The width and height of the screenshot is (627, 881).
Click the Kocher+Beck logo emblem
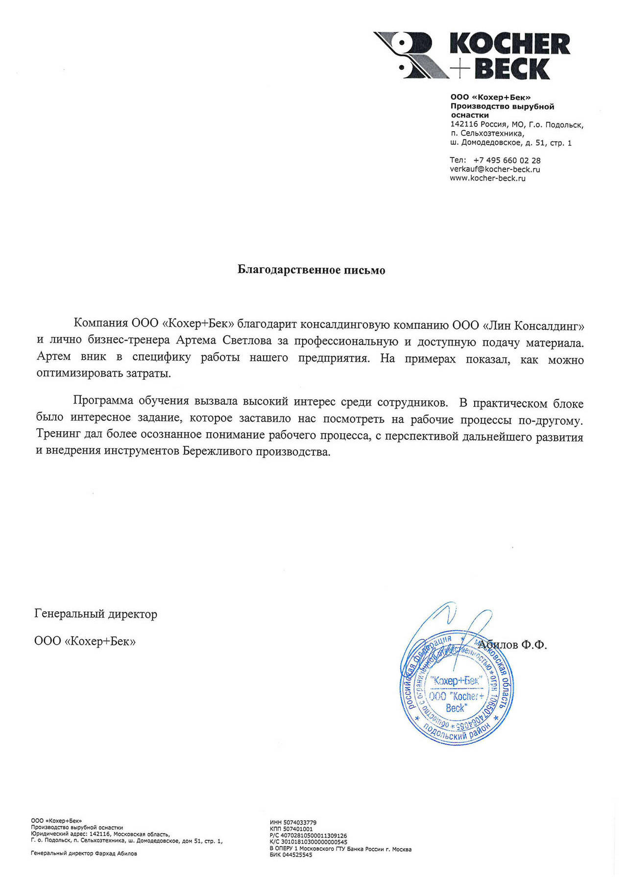coord(410,55)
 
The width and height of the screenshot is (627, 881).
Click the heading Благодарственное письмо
coord(311,270)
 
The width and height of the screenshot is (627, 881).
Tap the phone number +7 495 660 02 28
coord(507,160)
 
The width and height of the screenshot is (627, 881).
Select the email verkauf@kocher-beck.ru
coord(495,169)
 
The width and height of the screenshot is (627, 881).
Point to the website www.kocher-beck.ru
coord(487,178)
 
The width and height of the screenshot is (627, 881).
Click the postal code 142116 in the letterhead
coord(464,124)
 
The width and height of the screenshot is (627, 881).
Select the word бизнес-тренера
coord(129,340)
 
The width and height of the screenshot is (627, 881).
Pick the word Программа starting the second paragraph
coord(103,400)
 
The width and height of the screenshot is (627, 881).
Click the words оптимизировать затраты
coord(104,373)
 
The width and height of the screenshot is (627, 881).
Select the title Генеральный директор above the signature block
coord(96,614)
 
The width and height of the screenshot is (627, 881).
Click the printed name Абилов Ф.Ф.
coord(512,645)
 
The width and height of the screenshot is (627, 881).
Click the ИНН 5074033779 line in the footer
coord(293,823)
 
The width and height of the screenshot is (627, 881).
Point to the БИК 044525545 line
coord(291,855)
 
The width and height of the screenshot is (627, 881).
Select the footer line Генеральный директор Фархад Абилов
coord(84,853)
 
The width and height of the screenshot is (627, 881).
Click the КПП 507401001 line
coord(291,829)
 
